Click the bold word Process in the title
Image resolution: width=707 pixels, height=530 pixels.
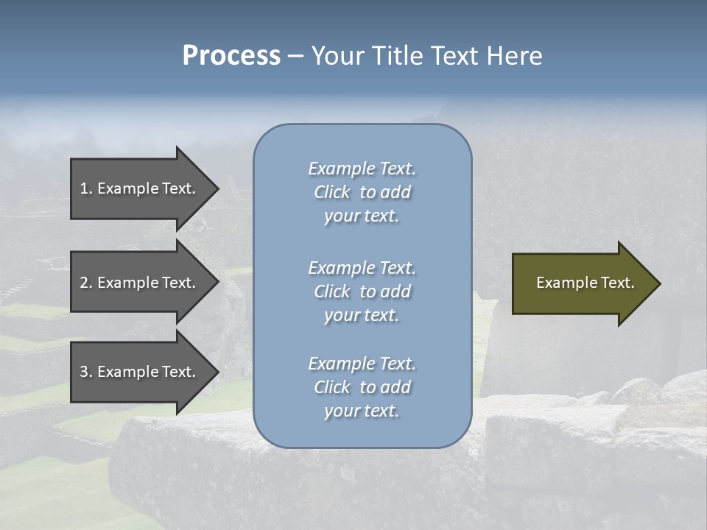[231, 56]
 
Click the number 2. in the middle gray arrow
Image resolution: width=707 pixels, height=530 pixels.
[86, 283]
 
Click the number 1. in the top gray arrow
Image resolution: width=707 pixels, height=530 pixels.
[86, 188]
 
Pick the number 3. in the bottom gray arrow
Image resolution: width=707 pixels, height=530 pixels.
[86, 372]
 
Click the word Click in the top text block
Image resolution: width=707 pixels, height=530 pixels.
[331, 192]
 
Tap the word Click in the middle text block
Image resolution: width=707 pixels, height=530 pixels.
[331, 291]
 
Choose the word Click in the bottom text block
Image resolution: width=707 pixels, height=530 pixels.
[331, 387]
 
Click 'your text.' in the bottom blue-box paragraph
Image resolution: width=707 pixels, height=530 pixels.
[362, 411]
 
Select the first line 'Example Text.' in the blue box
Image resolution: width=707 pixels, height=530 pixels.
[362, 169]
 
